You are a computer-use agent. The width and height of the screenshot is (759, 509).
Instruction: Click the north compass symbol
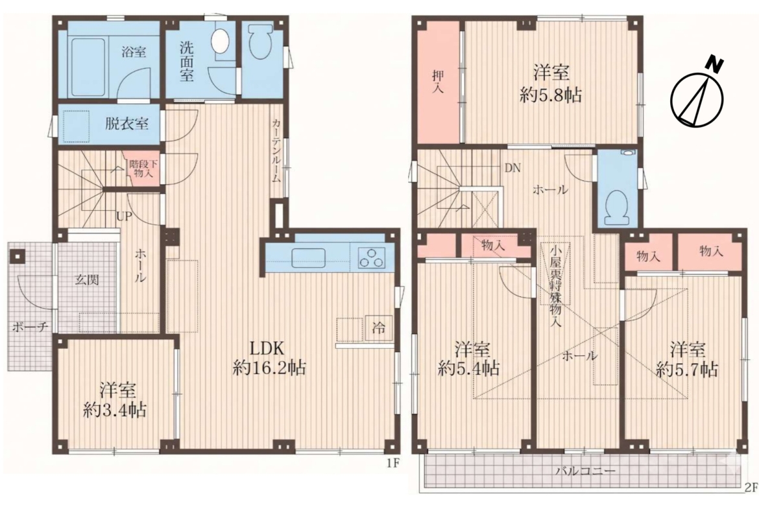697,97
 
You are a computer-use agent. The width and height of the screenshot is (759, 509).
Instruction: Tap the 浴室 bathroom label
134,51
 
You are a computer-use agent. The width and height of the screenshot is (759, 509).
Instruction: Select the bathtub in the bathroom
93,68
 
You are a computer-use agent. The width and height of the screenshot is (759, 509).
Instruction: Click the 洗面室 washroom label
187,62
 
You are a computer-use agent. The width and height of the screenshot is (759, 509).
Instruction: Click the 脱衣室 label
126,124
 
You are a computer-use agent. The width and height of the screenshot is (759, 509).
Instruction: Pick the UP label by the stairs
124,217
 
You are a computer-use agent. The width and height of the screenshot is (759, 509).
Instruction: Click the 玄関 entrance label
87,279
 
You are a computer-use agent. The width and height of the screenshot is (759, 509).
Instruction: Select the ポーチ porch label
30,327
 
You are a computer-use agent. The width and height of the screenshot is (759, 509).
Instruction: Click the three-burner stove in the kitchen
372,257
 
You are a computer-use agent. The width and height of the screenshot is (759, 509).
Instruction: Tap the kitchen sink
307,257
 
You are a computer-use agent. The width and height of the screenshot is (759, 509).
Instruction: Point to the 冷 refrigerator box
379,328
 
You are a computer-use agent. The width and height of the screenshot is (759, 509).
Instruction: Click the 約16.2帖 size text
269,368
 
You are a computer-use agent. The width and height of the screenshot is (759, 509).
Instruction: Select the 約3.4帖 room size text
115,410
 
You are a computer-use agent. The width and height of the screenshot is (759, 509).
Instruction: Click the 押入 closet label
438,81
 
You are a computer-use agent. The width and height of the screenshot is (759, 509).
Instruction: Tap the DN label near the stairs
512,169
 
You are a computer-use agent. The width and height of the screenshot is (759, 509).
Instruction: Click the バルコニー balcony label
585,470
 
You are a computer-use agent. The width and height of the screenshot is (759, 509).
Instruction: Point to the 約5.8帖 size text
551,95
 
